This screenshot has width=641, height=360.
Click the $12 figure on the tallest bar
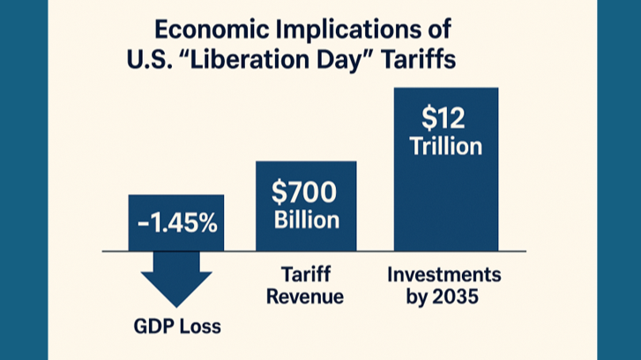click(445, 116)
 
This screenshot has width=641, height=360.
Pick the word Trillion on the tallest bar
click(445, 146)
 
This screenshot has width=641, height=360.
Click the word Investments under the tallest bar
click(444, 274)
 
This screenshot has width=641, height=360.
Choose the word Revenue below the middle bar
click(305, 297)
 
